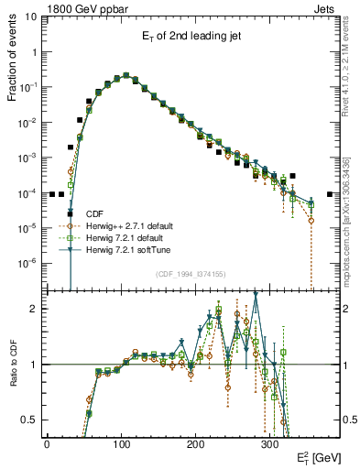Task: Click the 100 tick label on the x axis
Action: tap(121, 442)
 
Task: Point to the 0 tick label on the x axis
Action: tap(47, 442)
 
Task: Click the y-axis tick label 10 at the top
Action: tap(30, 16)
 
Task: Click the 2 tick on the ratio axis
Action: tap(33, 309)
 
